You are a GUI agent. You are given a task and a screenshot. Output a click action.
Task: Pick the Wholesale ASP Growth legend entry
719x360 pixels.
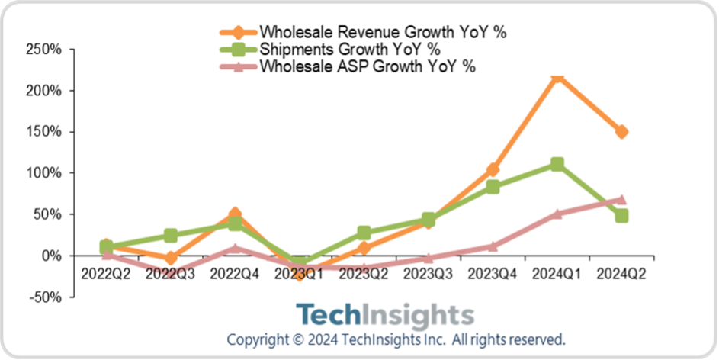368,66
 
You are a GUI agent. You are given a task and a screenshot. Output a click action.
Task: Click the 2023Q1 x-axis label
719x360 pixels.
300,273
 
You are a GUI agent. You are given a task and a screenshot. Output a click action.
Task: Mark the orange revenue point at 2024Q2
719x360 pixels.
621,131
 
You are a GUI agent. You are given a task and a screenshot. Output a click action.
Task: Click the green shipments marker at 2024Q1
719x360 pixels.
557,164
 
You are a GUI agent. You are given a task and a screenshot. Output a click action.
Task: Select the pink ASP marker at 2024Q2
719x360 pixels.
621,199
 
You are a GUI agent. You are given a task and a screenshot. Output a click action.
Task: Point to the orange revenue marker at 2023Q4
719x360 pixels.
493,169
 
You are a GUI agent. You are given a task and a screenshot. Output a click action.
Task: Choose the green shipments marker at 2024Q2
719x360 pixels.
621,216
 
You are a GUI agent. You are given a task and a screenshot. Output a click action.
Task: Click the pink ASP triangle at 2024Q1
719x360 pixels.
557,214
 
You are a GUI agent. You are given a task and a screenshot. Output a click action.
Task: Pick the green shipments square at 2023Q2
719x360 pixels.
364,233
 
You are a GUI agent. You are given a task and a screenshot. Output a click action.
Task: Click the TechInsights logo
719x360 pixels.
384,315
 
